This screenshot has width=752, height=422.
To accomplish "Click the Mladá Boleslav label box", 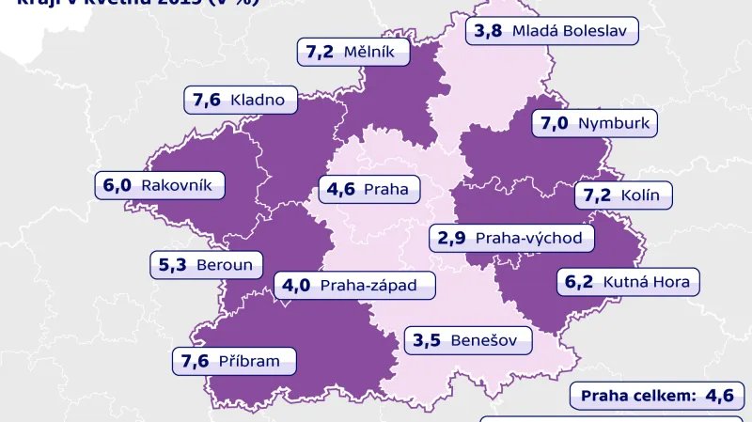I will pos(553,31).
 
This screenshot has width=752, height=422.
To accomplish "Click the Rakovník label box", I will pos(161,185).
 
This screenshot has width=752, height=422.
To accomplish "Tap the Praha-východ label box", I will pos(511,238).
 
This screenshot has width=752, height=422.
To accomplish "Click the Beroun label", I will pos(207,265).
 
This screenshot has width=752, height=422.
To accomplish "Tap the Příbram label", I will pos(233,360).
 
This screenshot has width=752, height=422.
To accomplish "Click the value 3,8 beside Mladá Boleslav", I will pos(489,31).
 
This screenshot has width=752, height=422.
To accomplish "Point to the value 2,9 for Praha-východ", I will pos(452,238).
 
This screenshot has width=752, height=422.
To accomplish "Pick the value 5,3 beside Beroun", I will pos(173,265).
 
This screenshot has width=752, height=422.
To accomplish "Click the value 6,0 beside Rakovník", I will pos(117,185).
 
